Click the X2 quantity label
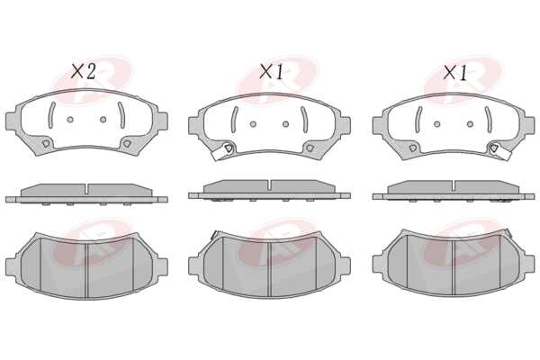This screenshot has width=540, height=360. click(83, 72)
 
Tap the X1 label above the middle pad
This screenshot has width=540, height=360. click(272, 72)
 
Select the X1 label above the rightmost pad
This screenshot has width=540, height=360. click(455, 73)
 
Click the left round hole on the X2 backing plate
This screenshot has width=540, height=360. click(70, 120)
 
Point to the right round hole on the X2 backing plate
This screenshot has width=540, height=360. click(103, 120)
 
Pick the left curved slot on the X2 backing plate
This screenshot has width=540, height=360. click(50, 115)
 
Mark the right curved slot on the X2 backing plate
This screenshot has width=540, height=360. click(121, 115)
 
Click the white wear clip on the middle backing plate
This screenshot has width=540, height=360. click(220, 154)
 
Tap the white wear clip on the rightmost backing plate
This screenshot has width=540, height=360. click(501, 153)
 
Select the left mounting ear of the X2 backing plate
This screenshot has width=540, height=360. click(12, 121)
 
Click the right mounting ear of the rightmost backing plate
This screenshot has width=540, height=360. click(528, 125)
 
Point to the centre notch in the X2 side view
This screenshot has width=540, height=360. click(86, 189)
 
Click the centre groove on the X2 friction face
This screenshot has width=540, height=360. click(86, 271)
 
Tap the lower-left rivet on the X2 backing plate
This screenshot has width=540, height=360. click(46, 144)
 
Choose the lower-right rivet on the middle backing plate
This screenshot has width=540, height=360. click(310, 148)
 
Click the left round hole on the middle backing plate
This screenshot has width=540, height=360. click(253, 124)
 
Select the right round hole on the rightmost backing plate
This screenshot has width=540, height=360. click(470, 124)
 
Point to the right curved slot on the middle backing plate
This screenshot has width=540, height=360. click(304, 120)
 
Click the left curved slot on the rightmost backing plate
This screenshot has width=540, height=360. click(418, 120)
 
